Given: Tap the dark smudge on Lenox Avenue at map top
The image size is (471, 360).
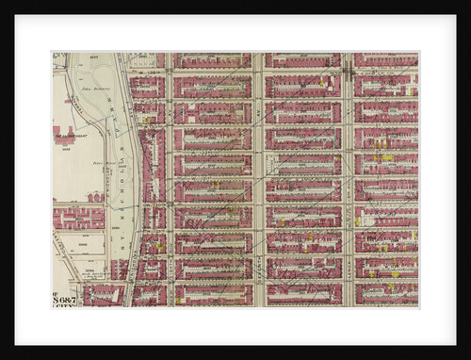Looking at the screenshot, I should tap(348, 71).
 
